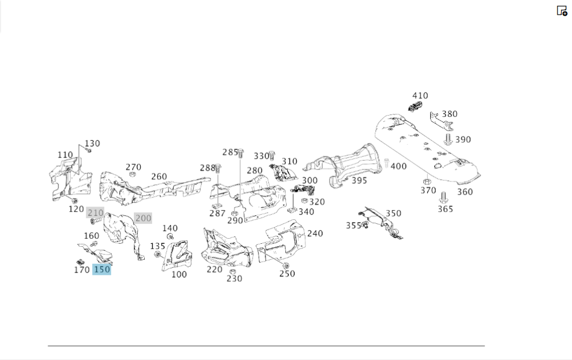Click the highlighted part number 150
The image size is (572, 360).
pyautogui.click(x=101, y=269)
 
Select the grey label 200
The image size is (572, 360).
pyautogui.click(x=143, y=218)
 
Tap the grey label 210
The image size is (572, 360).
pyautogui.click(x=96, y=213)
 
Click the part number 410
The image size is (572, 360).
pyautogui.click(x=420, y=96)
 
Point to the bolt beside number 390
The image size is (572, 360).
pyautogui.click(x=448, y=139)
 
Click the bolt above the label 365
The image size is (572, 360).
pyautogui.click(x=443, y=199)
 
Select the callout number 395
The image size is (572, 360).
pyautogui.click(x=359, y=180)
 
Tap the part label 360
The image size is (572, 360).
pyautogui.click(x=465, y=192)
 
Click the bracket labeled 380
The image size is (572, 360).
pyautogui.click(x=437, y=121)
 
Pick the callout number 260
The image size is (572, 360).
pyautogui.click(x=159, y=176)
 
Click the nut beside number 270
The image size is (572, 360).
pyautogui.click(x=132, y=174)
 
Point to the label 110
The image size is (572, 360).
pyautogui.click(x=65, y=155)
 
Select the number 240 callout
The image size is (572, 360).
pyautogui.click(x=315, y=233)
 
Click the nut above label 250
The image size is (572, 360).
pyautogui.click(x=286, y=266)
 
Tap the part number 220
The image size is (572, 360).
pyautogui.click(x=214, y=269)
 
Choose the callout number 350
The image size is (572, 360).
pyautogui.click(x=393, y=213)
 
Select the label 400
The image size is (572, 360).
pyautogui.click(x=399, y=166)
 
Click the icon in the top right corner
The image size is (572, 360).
pyautogui.click(x=562, y=10)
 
